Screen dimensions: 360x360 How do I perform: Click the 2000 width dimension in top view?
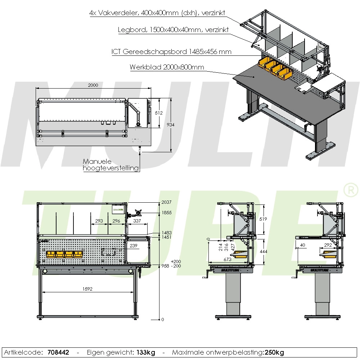tap(93, 85)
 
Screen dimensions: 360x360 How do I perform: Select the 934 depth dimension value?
tap(171, 125)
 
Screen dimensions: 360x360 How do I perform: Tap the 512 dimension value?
tap(159, 113)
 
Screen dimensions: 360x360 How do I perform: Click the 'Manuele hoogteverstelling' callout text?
tap(111, 165)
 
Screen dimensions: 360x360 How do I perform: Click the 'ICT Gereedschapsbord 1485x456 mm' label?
tap(171, 52)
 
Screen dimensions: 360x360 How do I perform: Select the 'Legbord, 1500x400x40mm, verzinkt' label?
tap(173, 30)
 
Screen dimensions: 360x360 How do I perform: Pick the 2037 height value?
tap(166, 203)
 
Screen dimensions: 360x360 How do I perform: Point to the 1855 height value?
tap(166, 213)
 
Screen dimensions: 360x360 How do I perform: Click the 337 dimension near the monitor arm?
tap(137, 221)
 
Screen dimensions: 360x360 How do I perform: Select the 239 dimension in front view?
tap(134, 246)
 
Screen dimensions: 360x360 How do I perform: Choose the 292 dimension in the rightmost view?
tap(328, 245)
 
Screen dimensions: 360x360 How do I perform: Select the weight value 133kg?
tap(146, 352)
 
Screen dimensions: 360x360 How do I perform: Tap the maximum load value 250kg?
tap(274, 352)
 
